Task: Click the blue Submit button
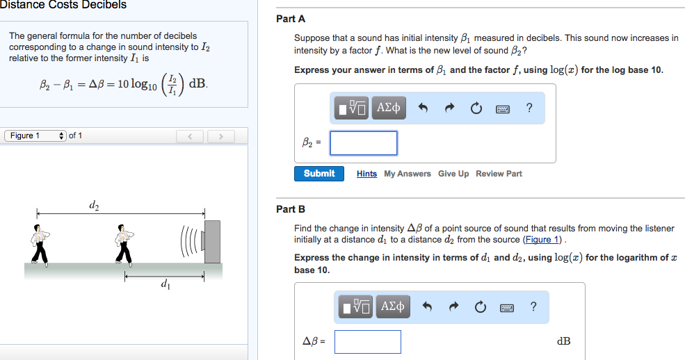(x=319, y=174)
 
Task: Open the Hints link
(x=366, y=174)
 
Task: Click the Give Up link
(x=453, y=174)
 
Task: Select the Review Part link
(x=499, y=174)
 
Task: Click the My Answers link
(x=408, y=174)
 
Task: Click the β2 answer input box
(x=363, y=143)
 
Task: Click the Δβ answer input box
(x=367, y=341)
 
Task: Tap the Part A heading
(x=291, y=19)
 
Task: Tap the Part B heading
(x=291, y=208)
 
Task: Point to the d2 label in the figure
(x=95, y=205)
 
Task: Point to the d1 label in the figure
(x=164, y=284)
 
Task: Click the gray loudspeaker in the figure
(x=211, y=242)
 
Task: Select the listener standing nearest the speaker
(x=124, y=245)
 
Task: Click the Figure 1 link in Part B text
(x=542, y=240)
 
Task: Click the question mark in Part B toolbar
(x=533, y=306)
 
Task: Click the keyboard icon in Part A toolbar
(x=501, y=108)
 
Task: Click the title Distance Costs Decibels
(x=63, y=5)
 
